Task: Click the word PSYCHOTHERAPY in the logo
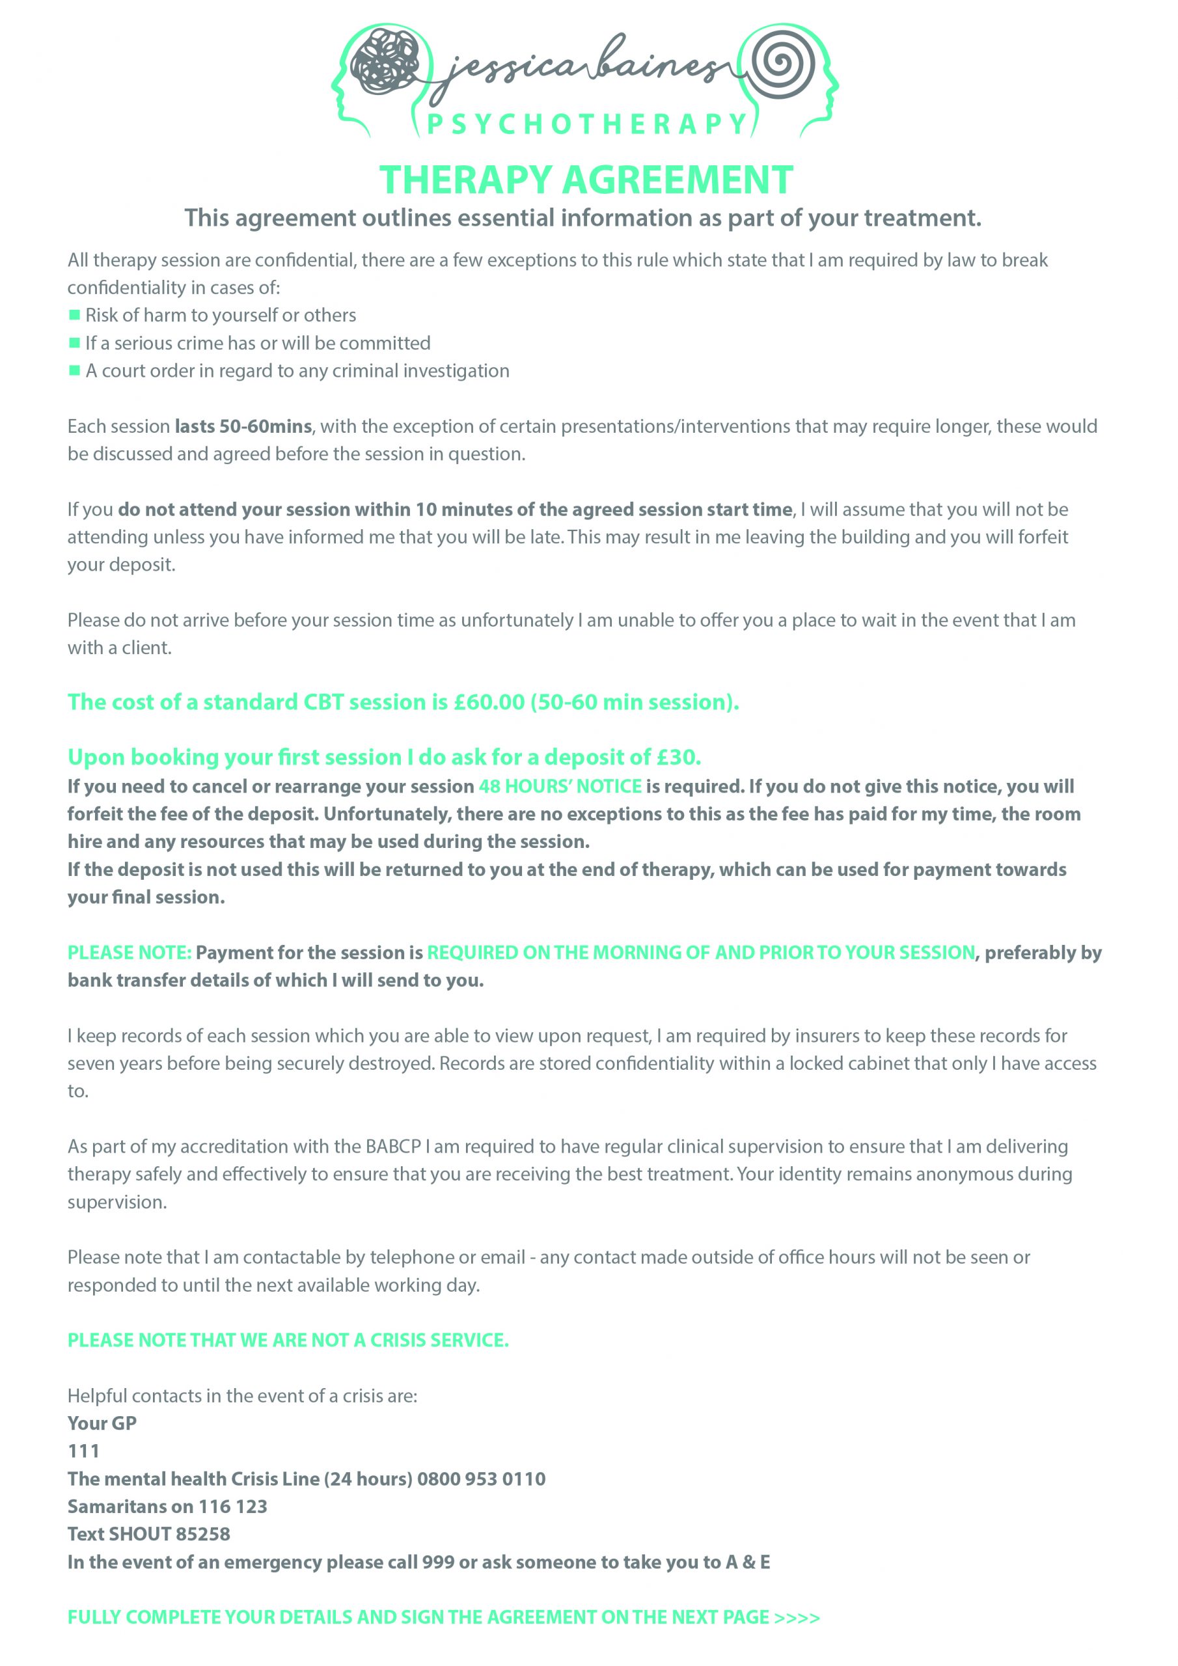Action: (587, 124)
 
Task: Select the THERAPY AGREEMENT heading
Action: (586, 180)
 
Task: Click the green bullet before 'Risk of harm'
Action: (74, 315)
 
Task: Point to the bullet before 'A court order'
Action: (74, 371)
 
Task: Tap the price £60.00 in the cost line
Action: (489, 702)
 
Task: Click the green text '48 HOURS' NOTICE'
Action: (560, 786)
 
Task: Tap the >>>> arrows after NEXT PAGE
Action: (797, 1617)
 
